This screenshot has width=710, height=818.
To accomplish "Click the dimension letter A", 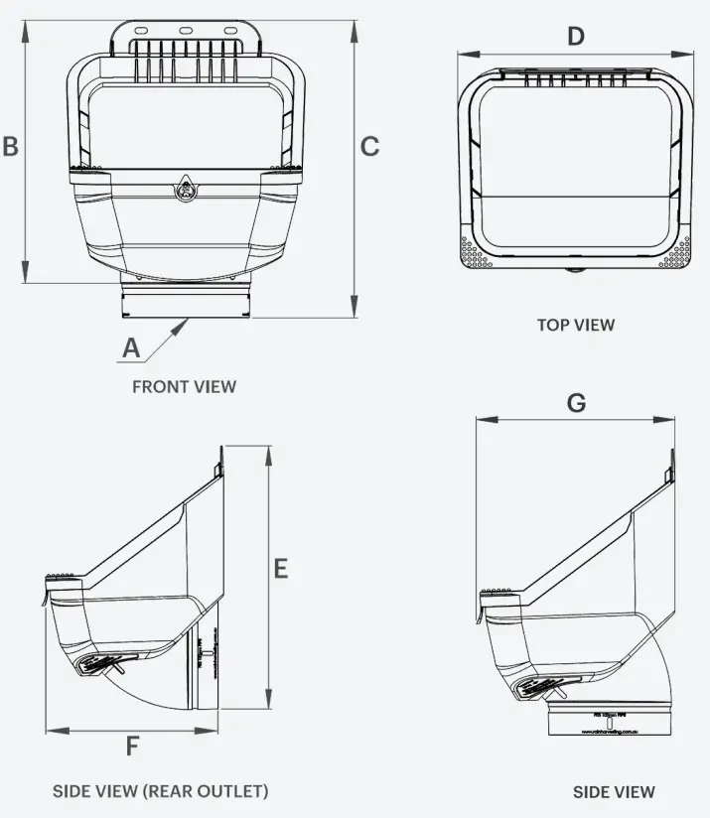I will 130,347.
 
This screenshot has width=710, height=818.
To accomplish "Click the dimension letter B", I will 11,146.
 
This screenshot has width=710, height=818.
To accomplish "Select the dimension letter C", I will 369,146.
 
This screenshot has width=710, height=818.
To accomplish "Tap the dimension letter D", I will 576,37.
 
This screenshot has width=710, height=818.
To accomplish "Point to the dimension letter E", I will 281,568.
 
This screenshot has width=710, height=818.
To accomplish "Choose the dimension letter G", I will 576,403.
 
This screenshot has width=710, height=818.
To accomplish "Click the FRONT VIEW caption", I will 185,386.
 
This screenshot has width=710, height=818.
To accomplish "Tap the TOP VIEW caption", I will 576,325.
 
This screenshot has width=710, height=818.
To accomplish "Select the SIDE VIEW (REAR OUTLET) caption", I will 160,791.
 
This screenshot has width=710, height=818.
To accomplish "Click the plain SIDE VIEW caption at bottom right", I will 614,791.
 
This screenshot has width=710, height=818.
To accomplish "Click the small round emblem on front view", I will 185,188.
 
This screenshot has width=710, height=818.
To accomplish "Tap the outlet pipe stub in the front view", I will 185,301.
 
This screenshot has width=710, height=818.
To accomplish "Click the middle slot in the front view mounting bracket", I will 185,31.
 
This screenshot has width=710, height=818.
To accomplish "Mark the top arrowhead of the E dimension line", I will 267,452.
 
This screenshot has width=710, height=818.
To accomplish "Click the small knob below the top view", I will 576,269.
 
